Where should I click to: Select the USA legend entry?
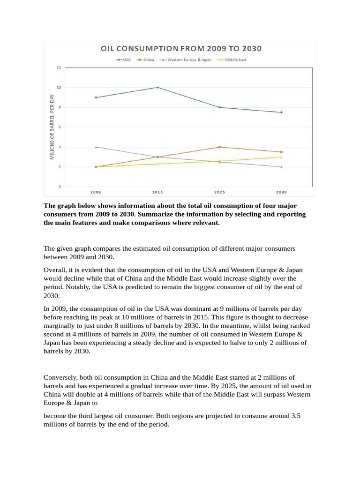click(x=124, y=60)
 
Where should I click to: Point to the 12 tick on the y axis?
click(x=59, y=67)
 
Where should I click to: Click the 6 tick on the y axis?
click(x=59, y=127)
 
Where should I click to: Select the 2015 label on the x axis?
click(x=157, y=192)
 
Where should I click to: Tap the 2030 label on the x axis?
click(x=281, y=192)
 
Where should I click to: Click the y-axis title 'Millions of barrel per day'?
click(x=52, y=127)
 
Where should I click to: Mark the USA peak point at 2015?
click(x=157, y=87)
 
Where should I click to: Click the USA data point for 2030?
click(x=281, y=112)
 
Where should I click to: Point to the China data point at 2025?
click(x=219, y=147)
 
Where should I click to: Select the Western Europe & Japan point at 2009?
click(x=96, y=147)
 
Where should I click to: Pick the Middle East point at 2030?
click(x=281, y=157)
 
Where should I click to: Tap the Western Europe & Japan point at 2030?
click(x=281, y=167)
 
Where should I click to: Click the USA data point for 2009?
click(x=96, y=97)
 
